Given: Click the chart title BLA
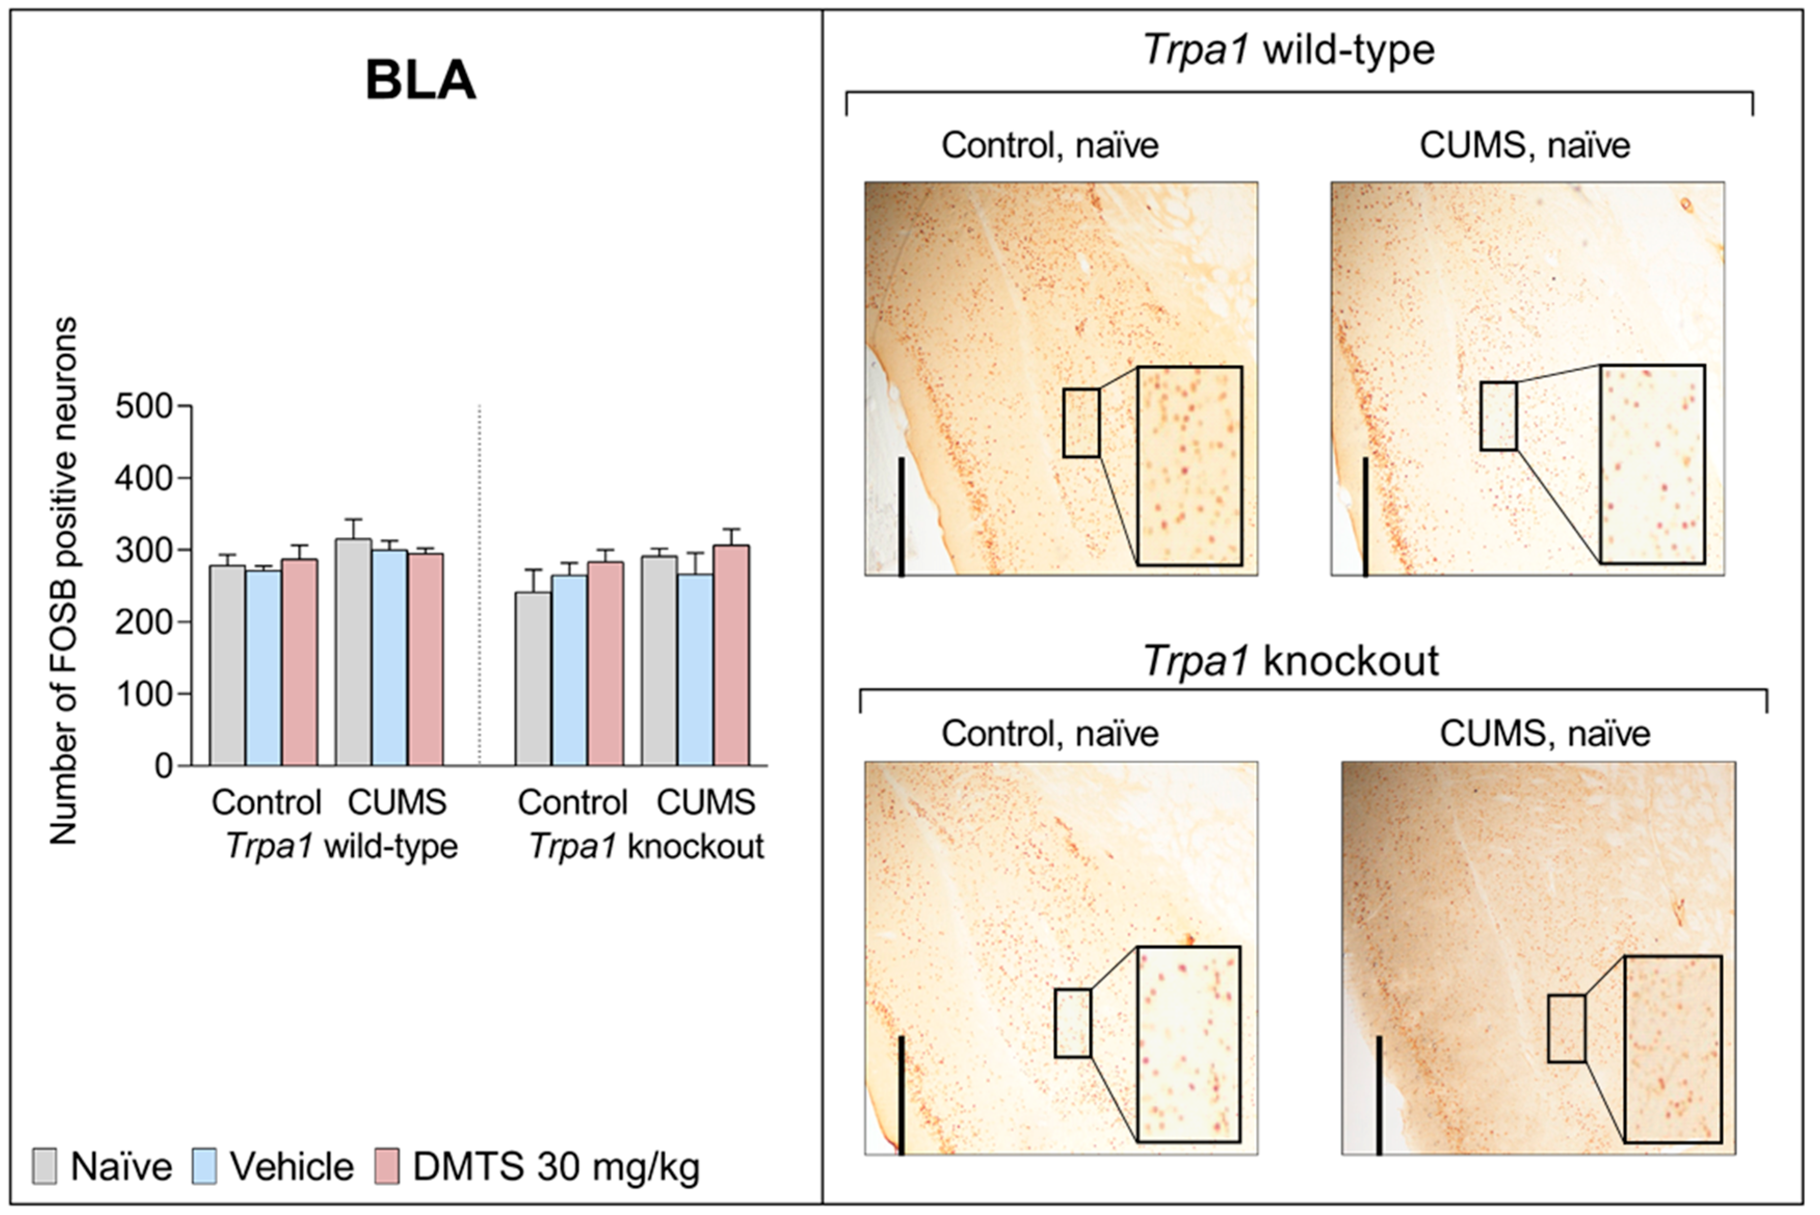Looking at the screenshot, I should (420, 80).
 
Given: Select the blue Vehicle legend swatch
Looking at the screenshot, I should (204, 1166).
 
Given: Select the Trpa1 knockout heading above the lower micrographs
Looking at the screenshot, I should (1291, 661).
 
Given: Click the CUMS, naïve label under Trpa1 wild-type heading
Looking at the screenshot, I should (1525, 146).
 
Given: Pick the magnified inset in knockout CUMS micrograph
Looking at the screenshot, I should (1673, 1049).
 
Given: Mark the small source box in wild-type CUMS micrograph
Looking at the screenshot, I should (1498, 416).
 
